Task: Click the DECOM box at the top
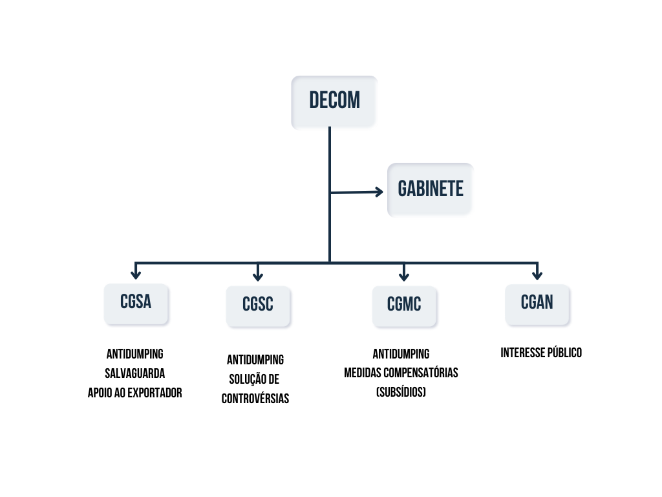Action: pyautogui.click(x=334, y=101)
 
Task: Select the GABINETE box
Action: pyautogui.click(x=430, y=189)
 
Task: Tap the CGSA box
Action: pyautogui.click(x=136, y=302)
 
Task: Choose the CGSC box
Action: pyautogui.click(x=258, y=305)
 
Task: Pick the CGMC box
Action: pyautogui.click(x=404, y=305)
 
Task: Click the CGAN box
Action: pyautogui.click(x=537, y=302)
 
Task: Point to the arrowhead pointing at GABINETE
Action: pyautogui.click(x=379, y=191)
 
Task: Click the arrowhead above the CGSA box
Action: pyautogui.click(x=135, y=274)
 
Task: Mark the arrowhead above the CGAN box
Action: pyautogui.click(x=537, y=274)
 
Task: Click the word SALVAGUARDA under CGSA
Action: pyautogui.click(x=134, y=373)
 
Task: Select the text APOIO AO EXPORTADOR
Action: pyautogui.click(x=134, y=393)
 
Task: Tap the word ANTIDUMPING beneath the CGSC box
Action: pyautogui.click(x=255, y=360)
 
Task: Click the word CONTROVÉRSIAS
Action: pyautogui.click(x=255, y=399)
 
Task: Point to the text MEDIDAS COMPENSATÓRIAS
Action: pyautogui.click(x=401, y=373)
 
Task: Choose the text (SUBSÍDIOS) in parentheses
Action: pyautogui.click(x=401, y=392)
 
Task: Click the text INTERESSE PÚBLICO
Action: pyautogui.click(x=541, y=353)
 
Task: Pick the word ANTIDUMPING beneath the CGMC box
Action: pyautogui.click(x=401, y=354)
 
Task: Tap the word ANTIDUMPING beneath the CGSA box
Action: pyautogui.click(x=134, y=354)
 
